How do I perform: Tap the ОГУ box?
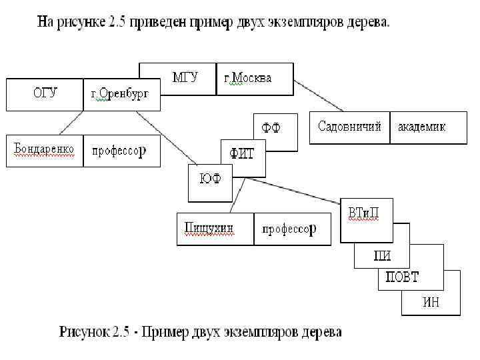[45, 94]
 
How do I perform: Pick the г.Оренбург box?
[121, 94]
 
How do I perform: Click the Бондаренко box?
[45, 150]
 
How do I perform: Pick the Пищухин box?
[215, 229]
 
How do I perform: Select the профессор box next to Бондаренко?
[121, 150]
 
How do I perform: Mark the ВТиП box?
[365, 214]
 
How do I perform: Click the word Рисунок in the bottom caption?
[83, 331]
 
